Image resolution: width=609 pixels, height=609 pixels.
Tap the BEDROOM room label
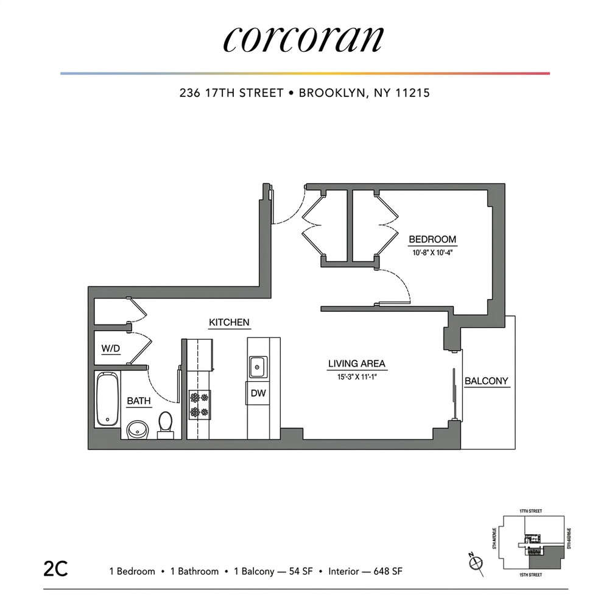click(432, 239)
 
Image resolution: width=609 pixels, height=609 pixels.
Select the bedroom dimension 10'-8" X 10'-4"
click(432, 250)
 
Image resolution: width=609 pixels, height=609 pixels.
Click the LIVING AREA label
click(357, 364)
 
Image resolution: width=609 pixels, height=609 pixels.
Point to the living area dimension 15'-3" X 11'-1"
click(357, 375)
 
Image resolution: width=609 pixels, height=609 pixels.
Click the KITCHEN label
click(229, 322)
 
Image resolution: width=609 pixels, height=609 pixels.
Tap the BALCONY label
click(486, 381)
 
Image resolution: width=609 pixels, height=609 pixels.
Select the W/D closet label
click(111, 350)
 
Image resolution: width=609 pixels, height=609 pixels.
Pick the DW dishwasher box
click(258, 393)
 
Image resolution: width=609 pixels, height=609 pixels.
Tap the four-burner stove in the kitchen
click(199, 405)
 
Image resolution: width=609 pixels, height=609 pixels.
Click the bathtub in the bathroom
click(108, 399)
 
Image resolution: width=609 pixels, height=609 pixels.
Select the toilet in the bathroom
click(166, 424)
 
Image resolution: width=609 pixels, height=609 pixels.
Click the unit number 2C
click(55, 571)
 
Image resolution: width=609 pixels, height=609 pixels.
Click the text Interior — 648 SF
click(365, 571)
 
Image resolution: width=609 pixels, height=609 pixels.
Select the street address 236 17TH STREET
click(231, 93)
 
